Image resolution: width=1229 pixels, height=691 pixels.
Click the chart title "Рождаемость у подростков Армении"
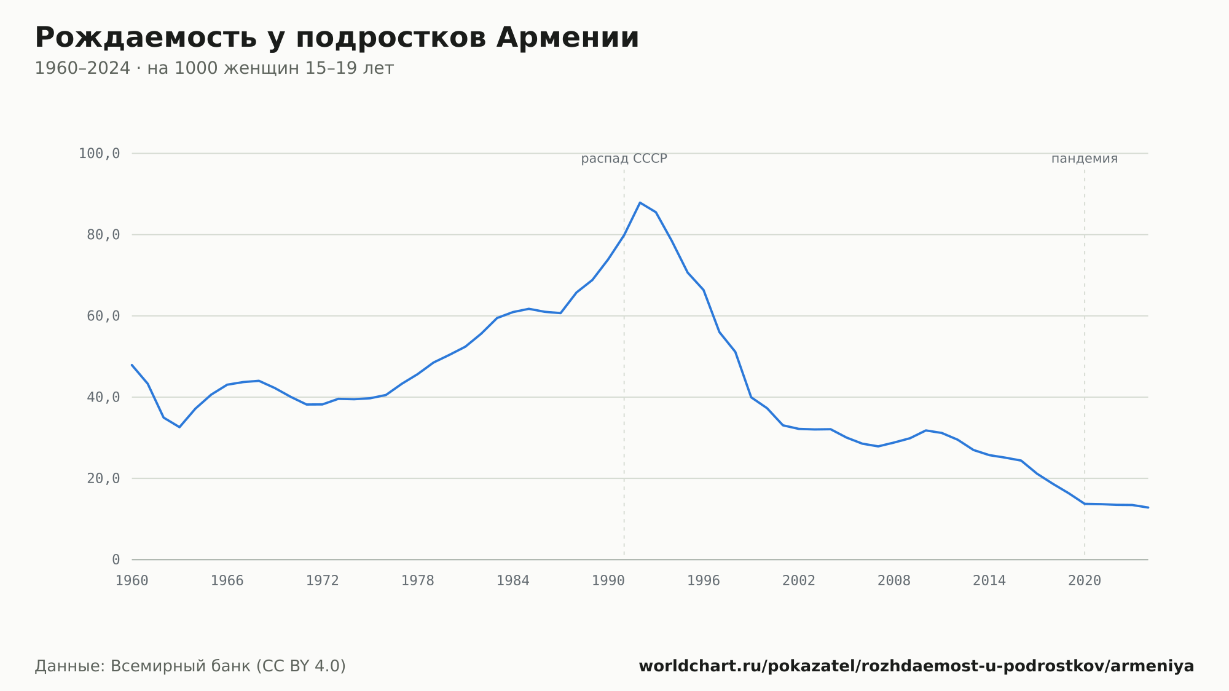(x=337, y=38)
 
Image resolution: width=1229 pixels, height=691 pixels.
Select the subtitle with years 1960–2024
(x=214, y=68)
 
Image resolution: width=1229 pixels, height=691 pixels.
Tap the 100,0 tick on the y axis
(x=99, y=154)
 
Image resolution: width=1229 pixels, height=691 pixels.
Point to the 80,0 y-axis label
(x=103, y=235)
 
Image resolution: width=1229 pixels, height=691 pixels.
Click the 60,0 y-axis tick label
(x=103, y=316)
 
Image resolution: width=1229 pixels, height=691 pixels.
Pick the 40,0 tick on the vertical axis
(x=103, y=397)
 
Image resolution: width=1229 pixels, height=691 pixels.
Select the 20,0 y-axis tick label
(x=103, y=478)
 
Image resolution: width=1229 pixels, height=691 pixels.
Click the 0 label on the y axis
(x=116, y=559)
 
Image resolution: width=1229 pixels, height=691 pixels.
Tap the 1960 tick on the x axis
(x=132, y=581)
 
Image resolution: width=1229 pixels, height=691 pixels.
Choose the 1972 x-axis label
(x=323, y=581)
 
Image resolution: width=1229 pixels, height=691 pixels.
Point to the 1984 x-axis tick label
(x=513, y=581)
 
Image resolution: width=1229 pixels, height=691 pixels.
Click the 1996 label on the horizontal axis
(x=704, y=581)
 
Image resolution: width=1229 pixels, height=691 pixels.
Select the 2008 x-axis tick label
(x=894, y=581)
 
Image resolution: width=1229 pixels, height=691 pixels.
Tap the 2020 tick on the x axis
(x=1085, y=581)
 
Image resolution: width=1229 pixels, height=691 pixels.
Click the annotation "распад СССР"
(x=624, y=159)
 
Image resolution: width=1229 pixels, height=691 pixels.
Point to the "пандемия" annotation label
(x=1085, y=159)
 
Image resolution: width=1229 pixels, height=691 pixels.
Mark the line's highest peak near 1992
(x=640, y=202)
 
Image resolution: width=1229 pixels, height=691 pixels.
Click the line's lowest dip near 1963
(x=179, y=427)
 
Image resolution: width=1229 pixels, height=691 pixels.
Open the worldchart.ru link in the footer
(x=916, y=666)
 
